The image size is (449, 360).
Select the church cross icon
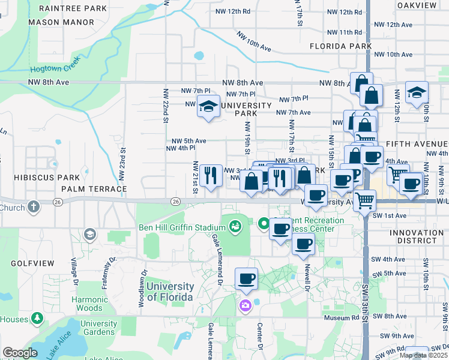34,207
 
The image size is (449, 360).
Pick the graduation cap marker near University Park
208,106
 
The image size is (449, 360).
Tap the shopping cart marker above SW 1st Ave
365,200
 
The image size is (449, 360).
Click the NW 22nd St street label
164,106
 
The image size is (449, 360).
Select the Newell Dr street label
306,277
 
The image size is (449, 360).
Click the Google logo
20,352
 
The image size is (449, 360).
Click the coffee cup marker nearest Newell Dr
303,243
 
